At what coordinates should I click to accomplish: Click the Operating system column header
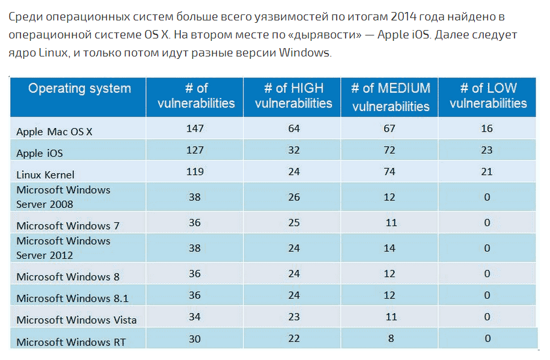point(79,89)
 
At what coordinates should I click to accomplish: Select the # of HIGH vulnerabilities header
point(293,96)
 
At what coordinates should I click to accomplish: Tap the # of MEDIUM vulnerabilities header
point(391,97)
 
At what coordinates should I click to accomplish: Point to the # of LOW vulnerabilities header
point(487,96)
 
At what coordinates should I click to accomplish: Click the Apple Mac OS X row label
point(54,132)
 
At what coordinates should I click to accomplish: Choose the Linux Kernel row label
point(46,175)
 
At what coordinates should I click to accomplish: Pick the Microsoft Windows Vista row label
point(76,320)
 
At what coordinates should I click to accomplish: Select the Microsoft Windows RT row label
point(72,342)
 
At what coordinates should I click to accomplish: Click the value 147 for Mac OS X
point(195,128)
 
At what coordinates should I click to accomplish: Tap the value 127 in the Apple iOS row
point(195,150)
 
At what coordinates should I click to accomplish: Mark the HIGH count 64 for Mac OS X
point(293,128)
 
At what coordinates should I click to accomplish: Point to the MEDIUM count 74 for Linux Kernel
point(390,171)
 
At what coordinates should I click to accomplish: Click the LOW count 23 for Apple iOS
point(487,150)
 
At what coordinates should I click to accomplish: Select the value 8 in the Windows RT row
point(391,338)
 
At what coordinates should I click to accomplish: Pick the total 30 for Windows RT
point(195,338)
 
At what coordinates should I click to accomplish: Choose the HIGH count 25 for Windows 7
point(293,222)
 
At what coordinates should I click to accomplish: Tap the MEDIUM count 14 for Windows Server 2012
point(391,248)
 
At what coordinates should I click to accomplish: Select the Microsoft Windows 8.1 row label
point(72,298)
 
